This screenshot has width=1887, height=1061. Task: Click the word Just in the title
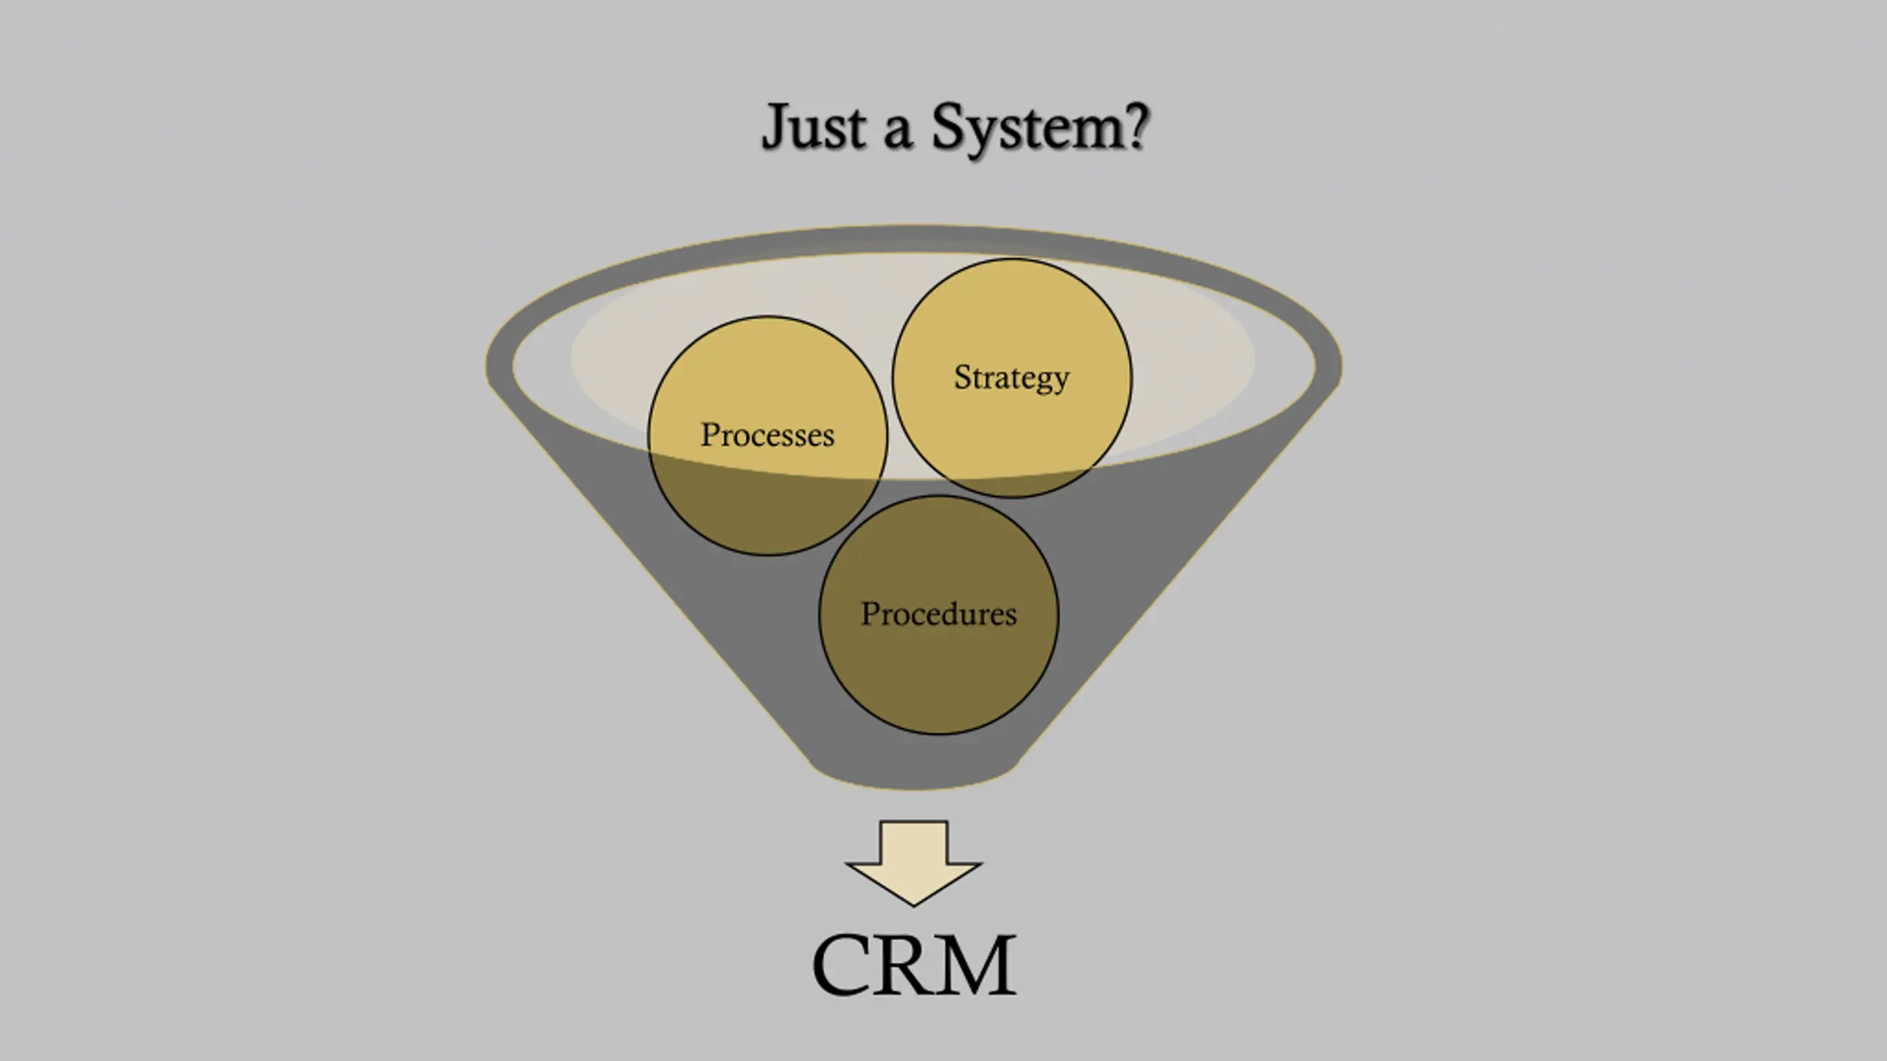(814, 127)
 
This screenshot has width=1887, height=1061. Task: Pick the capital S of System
(948, 126)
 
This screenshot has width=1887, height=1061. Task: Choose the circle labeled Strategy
(1011, 378)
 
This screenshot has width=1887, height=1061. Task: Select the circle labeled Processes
(767, 435)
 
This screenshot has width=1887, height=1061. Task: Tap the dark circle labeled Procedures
(938, 614)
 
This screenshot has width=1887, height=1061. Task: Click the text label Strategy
(1011, 379)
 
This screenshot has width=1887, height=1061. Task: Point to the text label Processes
(767, 435)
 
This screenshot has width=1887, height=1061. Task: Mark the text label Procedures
(938, 613)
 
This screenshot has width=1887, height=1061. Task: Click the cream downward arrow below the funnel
(913, 862)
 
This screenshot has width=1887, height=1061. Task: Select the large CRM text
(914, 965)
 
